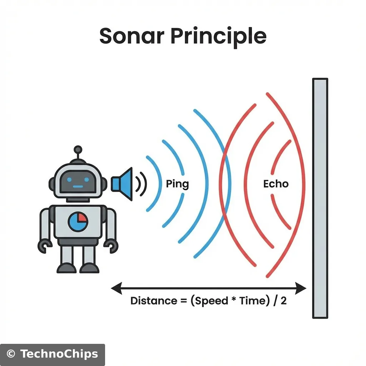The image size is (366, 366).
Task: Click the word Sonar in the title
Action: pyautogui.click(x=132, y=36)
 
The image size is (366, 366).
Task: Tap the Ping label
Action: pyautogui.click(x=177, y=184)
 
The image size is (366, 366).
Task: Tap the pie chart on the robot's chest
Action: pyautogui.click(x=78, y=222)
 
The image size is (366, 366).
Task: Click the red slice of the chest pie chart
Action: pyautogui.click(x=82, y=217)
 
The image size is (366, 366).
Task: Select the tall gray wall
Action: pyautogui.click(x=320, y=198)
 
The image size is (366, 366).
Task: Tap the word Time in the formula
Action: pyautogui.click(x=253, y=301)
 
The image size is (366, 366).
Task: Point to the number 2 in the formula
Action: pyautogui.click(x=283, y=301)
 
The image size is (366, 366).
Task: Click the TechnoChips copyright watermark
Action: pyautogui.click(x=53, y=354)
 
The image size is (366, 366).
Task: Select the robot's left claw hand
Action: pyautogui.click(x=45, y=246)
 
